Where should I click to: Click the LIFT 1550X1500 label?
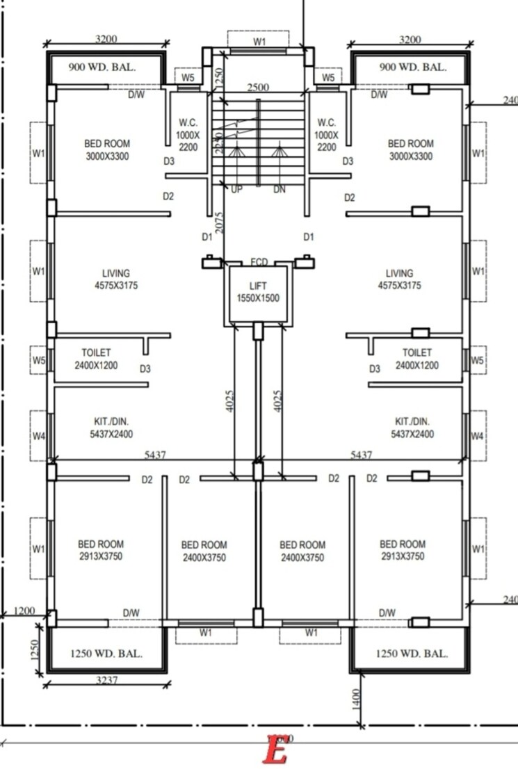(258, 292)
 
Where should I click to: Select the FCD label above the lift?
(259, 261)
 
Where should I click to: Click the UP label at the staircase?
(236, 189)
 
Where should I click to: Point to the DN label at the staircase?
(279, 189)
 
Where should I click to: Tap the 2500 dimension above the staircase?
(258, 88)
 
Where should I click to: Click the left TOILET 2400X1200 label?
(96, 359)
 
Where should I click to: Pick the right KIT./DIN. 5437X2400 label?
(412, 428)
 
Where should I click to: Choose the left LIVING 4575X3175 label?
(116, 280)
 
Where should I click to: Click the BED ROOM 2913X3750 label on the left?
(101, 550)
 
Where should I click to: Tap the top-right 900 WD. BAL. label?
(413, 67)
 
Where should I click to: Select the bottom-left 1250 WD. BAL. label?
(107, 654)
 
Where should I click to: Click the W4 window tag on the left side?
(39, 437)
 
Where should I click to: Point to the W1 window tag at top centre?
(259, 42)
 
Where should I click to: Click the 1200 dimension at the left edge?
(24, 610)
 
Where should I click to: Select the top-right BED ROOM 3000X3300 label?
(410, 149)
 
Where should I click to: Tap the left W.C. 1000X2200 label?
(188, 134)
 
